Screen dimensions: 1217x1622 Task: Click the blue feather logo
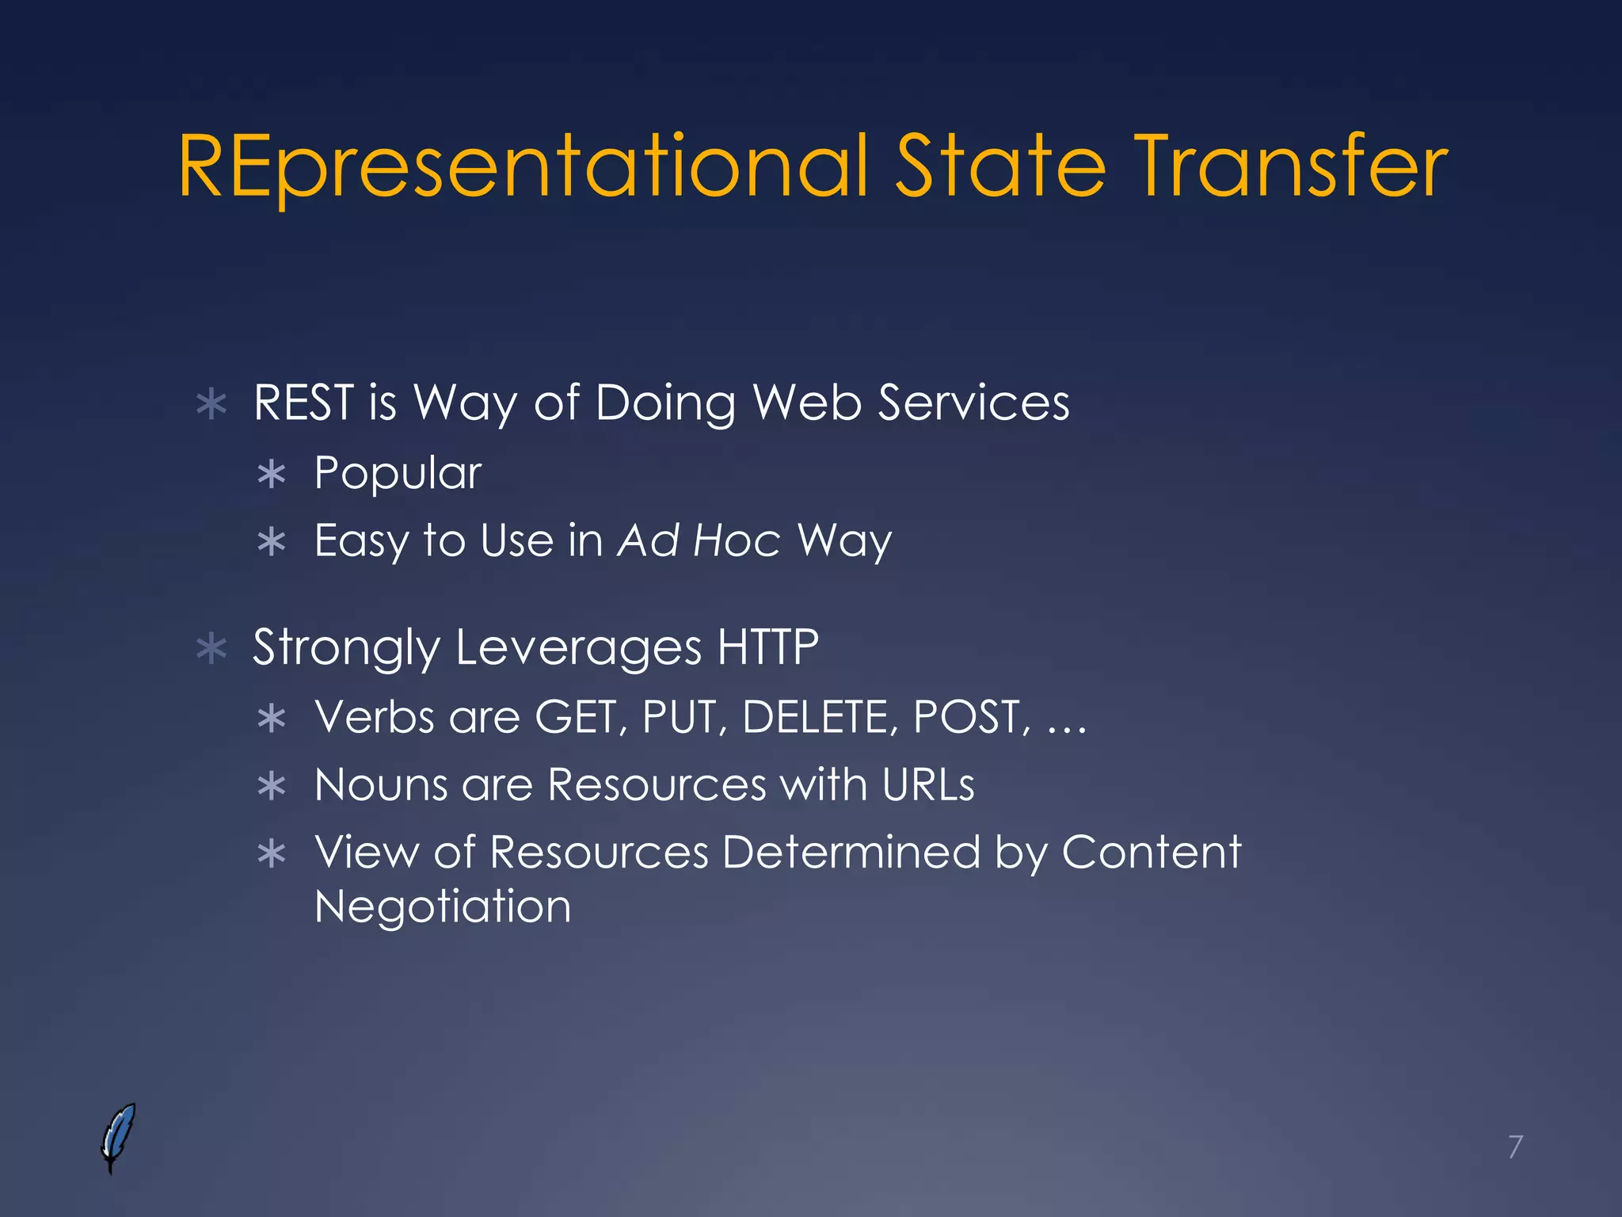coord(118,1137)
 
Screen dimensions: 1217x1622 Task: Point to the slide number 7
coord(1515,1146)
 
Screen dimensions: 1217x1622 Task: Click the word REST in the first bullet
coord(303,402)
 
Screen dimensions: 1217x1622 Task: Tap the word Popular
coord(398,474)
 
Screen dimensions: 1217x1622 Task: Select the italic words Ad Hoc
coord(699,541)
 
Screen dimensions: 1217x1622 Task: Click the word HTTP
coord(767,647)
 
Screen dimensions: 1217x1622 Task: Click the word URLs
coord(927,785)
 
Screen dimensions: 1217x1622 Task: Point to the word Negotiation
coord(443,906)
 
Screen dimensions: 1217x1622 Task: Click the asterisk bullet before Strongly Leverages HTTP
coord(211,649)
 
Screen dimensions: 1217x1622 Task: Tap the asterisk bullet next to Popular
coord(272,475)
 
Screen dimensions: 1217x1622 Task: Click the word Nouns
coord(382,785)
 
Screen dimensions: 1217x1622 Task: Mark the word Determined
coord(851,853)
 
